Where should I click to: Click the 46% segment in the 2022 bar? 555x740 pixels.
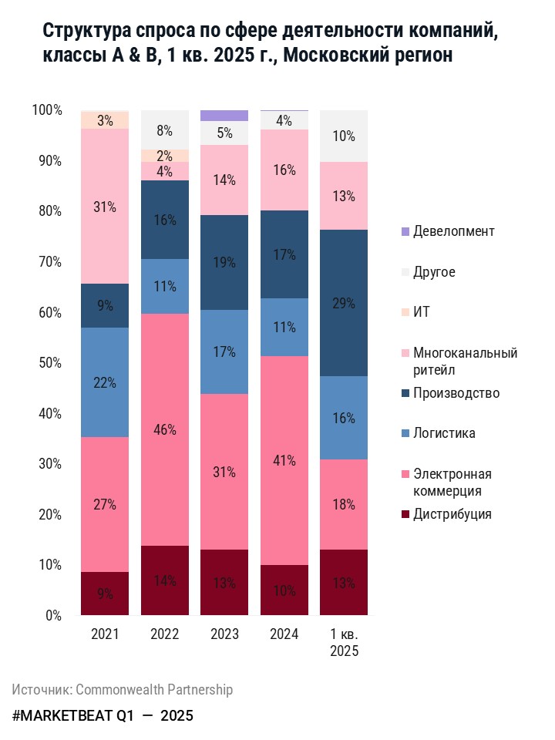(x=164, y=429)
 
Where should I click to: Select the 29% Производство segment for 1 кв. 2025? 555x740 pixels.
(x=343, y=303)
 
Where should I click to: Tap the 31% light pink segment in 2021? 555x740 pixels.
(x=105, y=207)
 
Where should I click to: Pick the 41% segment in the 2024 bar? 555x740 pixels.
(x=284, y=460)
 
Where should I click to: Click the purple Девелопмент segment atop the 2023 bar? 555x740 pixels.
(x=224, y=116)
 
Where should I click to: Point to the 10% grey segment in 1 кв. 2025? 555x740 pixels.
(x=343, y=136)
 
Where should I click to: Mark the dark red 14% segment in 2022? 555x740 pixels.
(x=164, y=580)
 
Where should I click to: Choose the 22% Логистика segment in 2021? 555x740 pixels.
(x=105, y=382)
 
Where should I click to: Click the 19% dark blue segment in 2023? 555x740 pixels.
(x=224, y=262)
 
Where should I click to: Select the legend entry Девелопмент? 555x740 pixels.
(x=453, y=231)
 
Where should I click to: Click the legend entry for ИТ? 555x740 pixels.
(x=422, y=312)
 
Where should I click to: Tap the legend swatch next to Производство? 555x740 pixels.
(x=405, y=393)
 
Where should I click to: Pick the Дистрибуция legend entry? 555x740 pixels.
(x=452, y=514)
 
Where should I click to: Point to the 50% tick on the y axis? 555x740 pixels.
(x=48, y=363)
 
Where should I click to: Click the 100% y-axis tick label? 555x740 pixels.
(x=47, y=110)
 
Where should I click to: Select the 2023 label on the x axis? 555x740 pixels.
(x=224, y=634)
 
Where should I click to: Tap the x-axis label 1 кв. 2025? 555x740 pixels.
(x=343, y=642)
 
